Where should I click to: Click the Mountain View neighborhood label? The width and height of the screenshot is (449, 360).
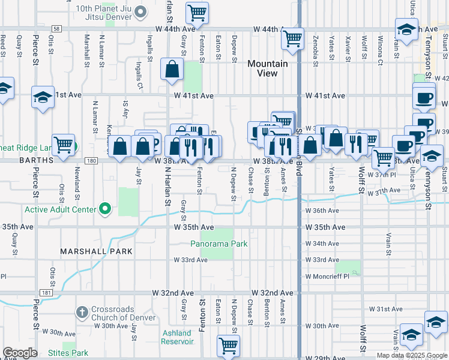point(267,68)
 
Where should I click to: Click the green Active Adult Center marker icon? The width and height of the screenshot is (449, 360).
point(106,209)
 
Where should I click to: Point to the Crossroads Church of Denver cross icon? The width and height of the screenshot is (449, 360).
point(82,312)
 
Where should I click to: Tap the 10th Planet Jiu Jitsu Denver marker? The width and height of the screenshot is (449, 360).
point(140,11)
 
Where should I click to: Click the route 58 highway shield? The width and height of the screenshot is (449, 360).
point(56,28)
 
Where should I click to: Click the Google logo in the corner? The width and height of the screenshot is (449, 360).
point(20,353)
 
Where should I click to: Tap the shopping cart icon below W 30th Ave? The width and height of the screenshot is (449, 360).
point(229,346)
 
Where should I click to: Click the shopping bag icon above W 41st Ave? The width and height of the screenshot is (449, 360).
point(172,70)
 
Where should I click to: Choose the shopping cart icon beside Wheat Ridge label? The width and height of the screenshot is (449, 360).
point(63,145)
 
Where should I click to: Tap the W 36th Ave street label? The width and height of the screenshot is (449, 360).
point(322,211)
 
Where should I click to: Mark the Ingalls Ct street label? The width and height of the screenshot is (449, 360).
point(139,71)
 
